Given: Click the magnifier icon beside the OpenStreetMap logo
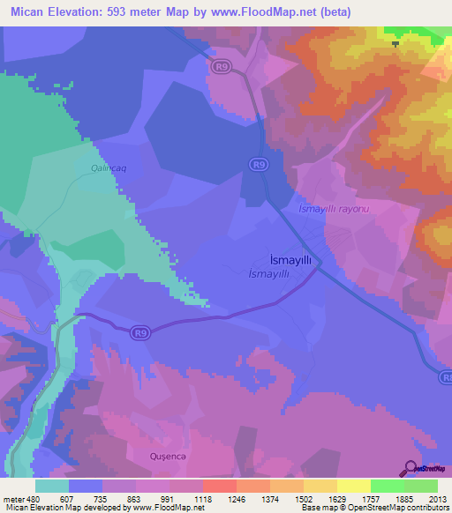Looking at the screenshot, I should (410, 468).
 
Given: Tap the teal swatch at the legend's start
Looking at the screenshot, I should (52, 486).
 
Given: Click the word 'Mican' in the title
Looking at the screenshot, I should (29, 12).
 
